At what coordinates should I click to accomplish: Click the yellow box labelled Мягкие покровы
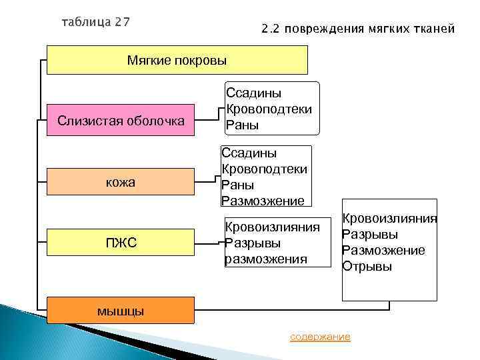[177, 60]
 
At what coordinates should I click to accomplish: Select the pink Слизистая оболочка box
[121, 121]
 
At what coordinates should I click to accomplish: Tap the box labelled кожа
[121, 182]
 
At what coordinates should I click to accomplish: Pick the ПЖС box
[121, 243]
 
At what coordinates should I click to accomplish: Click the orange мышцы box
[121, 311]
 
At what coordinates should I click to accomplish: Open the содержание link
[320, 337]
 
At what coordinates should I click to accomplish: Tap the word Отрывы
[367, 267]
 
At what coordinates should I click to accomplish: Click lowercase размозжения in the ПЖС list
[266, 259]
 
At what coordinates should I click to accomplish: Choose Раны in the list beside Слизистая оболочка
[242, 125]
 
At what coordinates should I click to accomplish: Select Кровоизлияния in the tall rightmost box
[389, 219]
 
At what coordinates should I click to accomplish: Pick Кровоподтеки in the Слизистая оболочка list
[269, 109]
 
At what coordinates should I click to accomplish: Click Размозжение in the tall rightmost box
[383, 251]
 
